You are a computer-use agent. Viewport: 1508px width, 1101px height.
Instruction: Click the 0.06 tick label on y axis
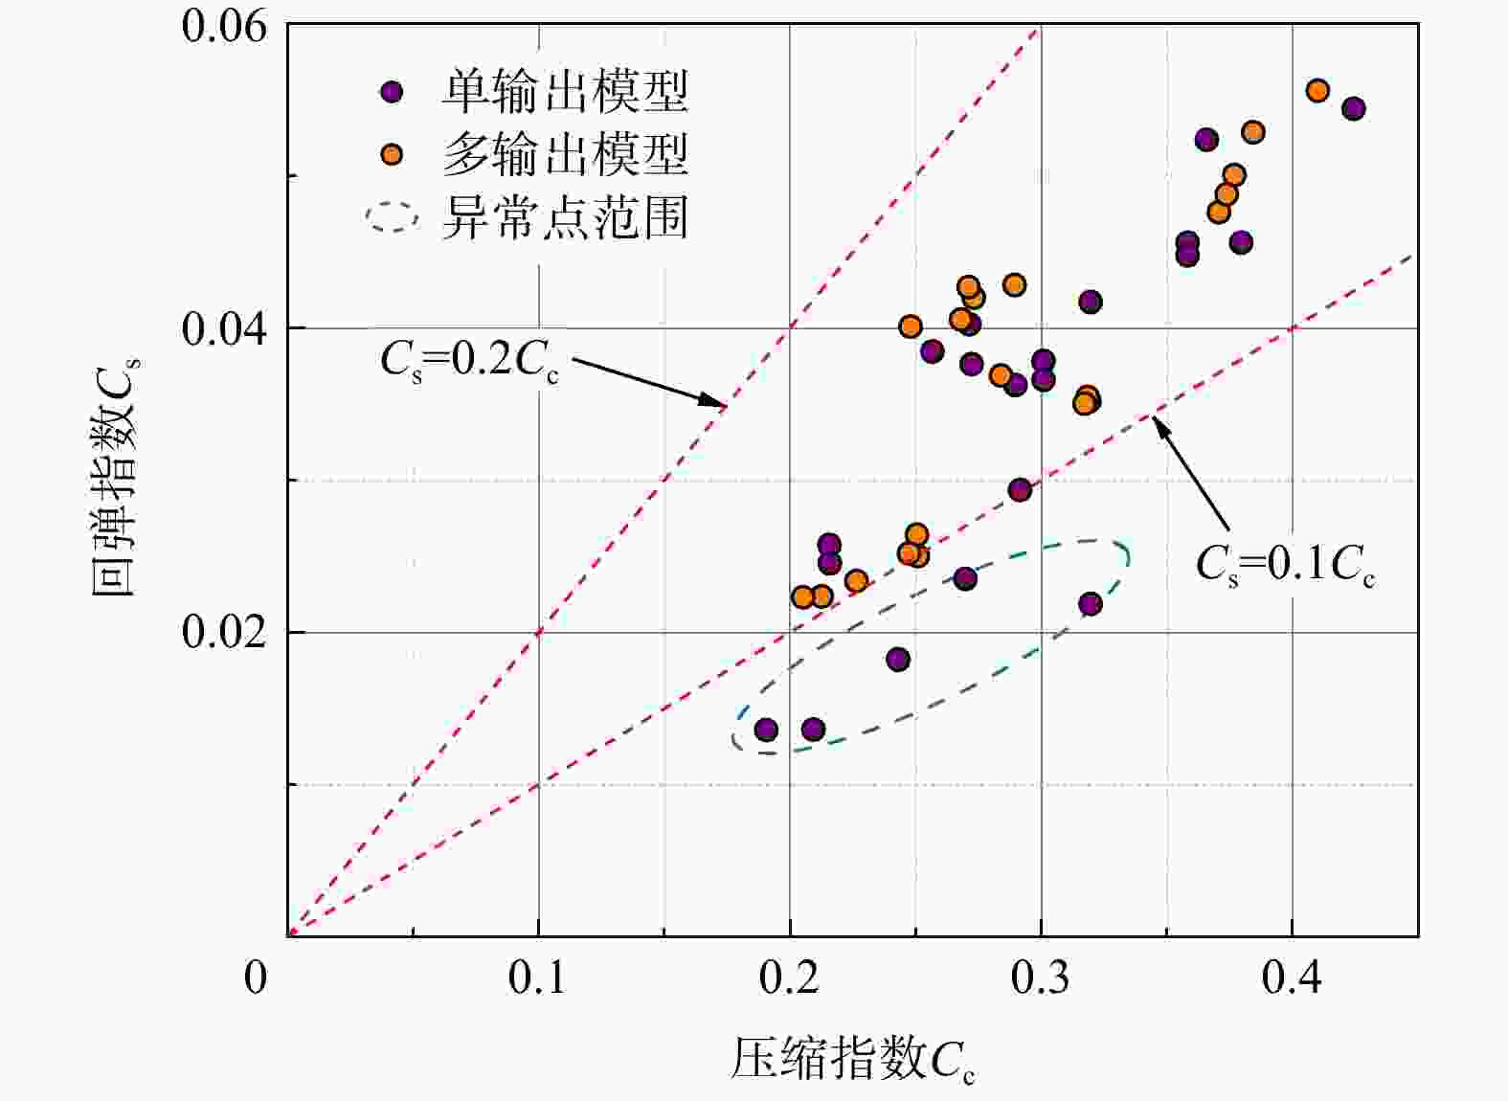(224, 26)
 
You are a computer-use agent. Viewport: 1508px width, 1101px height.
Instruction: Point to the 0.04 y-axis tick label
(224, 329)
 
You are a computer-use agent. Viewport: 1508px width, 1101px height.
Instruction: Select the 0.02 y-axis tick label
(224, 633)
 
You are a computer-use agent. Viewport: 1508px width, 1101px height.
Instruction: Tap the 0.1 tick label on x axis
(538, 977)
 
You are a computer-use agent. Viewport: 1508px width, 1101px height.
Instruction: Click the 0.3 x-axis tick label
(1041, 977)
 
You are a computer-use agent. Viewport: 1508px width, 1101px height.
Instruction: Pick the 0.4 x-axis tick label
(1292, 977)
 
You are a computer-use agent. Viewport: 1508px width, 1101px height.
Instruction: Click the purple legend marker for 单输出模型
(392, 92)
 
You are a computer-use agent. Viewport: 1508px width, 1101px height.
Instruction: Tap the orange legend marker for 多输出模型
(392, 154)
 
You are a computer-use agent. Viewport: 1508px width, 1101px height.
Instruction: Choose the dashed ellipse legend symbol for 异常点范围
(393, 217)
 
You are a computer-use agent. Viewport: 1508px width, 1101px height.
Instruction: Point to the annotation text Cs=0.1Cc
(1285, 564)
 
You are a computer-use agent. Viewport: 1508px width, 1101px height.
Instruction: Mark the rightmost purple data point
(1353, 108)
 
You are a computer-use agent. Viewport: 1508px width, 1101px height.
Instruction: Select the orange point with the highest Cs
(1317, 91)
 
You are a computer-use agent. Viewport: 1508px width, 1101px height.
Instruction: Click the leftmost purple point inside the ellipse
(766, 730)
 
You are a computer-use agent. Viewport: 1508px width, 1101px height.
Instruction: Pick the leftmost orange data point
(803, 596)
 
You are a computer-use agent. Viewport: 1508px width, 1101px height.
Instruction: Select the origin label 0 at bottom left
(256, 977)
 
